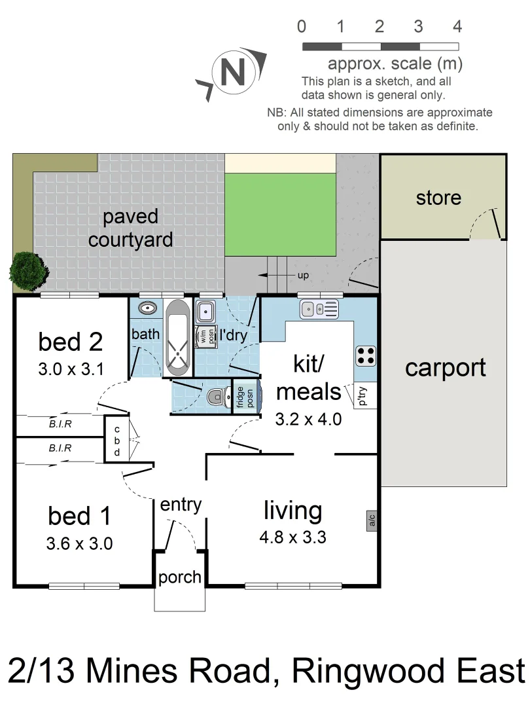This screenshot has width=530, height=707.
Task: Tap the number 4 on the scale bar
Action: [457, 27]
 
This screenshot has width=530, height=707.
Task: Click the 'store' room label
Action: [438, 198]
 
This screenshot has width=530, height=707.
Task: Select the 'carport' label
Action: [446, 368]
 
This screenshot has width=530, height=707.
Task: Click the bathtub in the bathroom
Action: [178, 338]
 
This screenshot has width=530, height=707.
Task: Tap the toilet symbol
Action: [215, 397]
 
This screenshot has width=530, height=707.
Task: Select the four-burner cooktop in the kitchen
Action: [366, 355]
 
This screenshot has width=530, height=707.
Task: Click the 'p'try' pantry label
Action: [363, 397]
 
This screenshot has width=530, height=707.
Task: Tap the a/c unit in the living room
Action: [372, 520]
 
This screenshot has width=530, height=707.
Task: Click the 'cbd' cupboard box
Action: [116, 439]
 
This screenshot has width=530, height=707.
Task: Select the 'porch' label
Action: [180, 577]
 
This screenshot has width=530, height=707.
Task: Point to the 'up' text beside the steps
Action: [303, 276]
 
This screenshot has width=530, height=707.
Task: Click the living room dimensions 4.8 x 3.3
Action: [292, 538]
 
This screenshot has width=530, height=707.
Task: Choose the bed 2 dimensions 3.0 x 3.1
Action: [71, 369]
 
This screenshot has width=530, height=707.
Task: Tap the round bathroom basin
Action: [147, 308]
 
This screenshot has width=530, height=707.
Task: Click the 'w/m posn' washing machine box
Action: [206, 335]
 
